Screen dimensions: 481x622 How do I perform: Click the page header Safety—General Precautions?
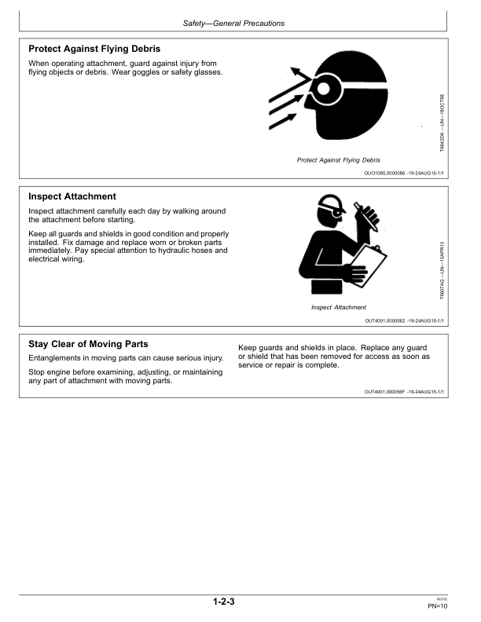point(233,24)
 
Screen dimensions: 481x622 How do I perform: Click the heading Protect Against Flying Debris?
point(94,49)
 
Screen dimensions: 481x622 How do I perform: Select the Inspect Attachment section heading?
point(72,196)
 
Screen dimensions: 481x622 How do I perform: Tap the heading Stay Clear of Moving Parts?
point(88,344)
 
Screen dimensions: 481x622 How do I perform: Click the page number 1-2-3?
point(224,602)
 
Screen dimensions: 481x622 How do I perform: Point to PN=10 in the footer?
point(437,606)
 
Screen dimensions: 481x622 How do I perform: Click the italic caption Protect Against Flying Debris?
point(339,160)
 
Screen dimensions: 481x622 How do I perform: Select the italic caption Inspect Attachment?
point(339,307)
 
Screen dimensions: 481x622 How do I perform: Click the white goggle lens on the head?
point(324,89)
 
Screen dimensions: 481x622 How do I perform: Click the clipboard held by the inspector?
point(369,265)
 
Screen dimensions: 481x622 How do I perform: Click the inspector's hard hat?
point(330,202)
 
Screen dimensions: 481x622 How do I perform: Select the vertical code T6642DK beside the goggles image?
point(442,123)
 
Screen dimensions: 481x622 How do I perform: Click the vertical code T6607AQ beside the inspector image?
point(442,270)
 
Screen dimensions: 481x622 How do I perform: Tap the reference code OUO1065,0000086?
point(384,174)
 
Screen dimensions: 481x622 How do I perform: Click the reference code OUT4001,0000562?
point(385,321)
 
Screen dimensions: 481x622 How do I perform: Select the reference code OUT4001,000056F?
point(384,392)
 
